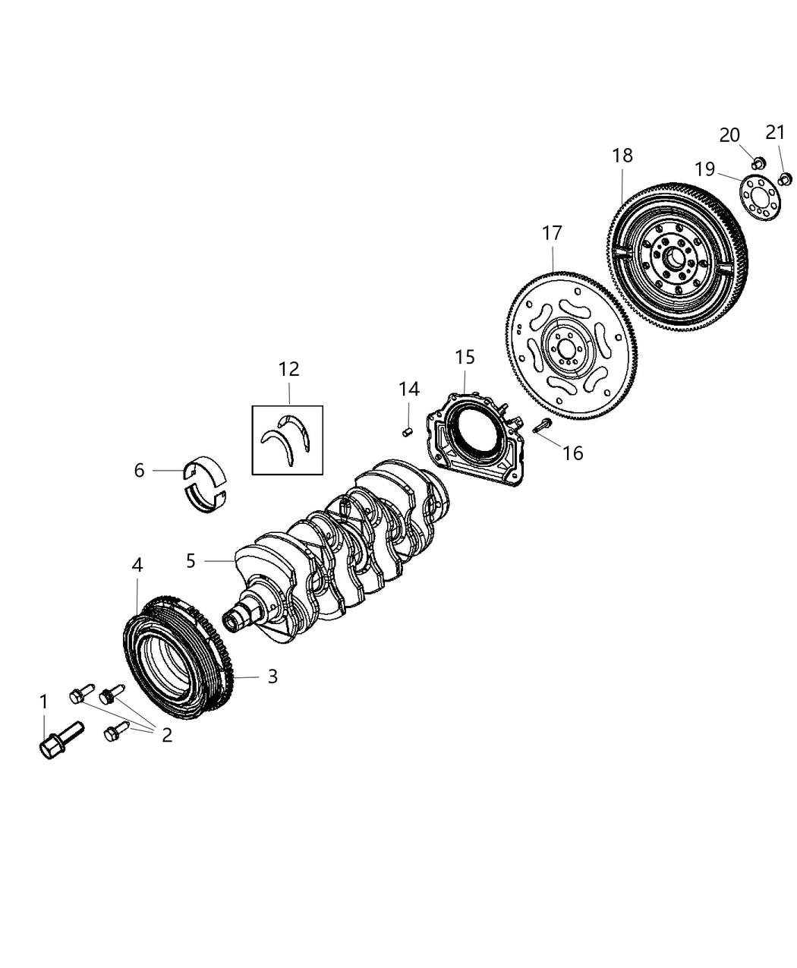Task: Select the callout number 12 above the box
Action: (288, 370)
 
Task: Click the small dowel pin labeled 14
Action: (407, 432)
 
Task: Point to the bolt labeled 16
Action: (543, 427)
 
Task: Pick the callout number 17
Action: (552, 234)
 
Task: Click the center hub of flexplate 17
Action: (564, 349)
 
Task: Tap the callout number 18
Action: (622, 156)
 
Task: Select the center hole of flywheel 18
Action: (673, 257)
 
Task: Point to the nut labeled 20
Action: (757, 162)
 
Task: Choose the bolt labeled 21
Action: (786, 179)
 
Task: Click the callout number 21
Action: (774, 133)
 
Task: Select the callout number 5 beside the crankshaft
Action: (191, 561)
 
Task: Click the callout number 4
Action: (137, 565)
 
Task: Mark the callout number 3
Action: (272, 676)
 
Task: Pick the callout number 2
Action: (166, 734)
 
